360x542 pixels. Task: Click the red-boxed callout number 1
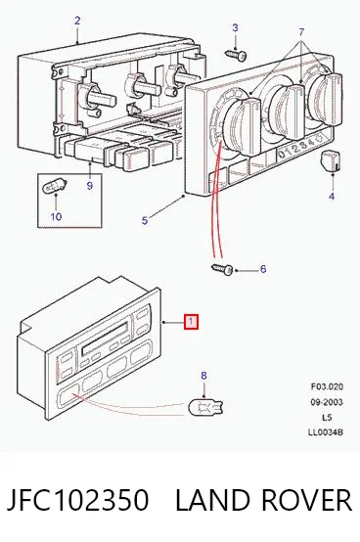click(191, 322)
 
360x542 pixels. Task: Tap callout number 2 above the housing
click(77, 21)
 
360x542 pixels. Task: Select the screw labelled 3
click(236, 55)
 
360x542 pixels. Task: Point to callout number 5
click(145, 220)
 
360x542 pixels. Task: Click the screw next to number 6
click(222, 269)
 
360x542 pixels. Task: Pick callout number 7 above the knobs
click(301, 32)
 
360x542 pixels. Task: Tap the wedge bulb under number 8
click(205, 406)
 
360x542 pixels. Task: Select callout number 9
click(90, 186)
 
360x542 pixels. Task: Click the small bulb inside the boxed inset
click(53, 188)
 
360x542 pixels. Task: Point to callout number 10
click(56, 216)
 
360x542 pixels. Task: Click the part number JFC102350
click(78, 500)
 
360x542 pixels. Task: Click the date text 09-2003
click(326, 402)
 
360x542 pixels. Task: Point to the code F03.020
click(327, 386)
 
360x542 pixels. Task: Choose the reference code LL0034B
click(326, 432)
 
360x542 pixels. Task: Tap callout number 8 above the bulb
click(203, 376)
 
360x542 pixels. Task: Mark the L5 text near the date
click(327, 417)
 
